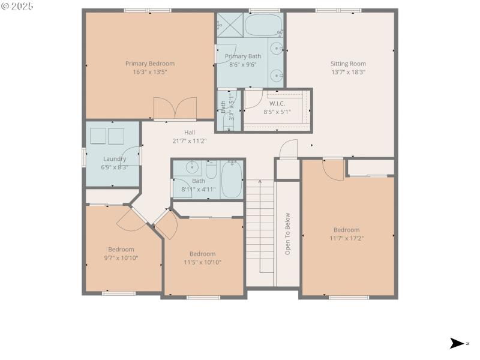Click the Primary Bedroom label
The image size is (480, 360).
point(149,64)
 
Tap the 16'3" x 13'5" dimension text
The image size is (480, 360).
point(149,72)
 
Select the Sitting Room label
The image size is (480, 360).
point(348,64)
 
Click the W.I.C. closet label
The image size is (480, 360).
point(277,103)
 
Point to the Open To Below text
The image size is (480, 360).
point(287,234)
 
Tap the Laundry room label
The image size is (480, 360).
point(114,159)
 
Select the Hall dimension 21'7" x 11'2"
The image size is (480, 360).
point(189,141)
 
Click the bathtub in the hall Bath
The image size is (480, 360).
point(231,179)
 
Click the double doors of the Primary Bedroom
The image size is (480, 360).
point(175,109)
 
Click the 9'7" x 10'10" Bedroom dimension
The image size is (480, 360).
point(121,258)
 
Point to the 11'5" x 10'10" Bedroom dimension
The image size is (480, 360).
point(202,262)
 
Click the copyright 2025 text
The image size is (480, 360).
point(17,6)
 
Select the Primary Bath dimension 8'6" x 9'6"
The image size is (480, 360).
point(242,65)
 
